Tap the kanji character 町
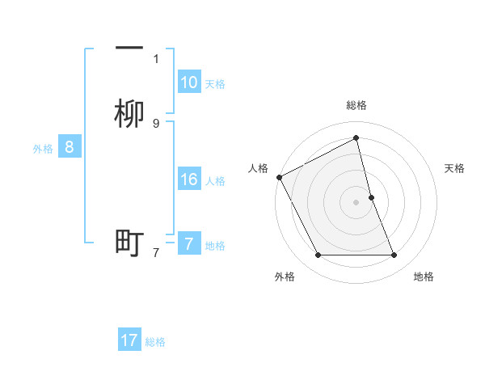click(129, 243)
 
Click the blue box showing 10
click(189, 82)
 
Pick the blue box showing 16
click(189, 179)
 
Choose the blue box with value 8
click(70, 147)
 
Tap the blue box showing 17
click(129, 340)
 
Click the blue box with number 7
click(189, 243)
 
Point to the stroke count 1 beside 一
click(156, 58)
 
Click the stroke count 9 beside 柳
click(156, 123)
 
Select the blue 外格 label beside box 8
click(42, 149)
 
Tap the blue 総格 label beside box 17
click(155, 342)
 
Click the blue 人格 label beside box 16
click(216, 181)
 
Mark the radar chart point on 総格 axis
click(356, 138)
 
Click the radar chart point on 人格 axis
click(279, 177)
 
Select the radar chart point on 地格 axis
click(394, 255)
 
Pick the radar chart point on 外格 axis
click(318, 255)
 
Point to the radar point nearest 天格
click(371, 197)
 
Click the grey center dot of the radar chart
click(356, 202)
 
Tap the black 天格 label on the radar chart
click(454, 168)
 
